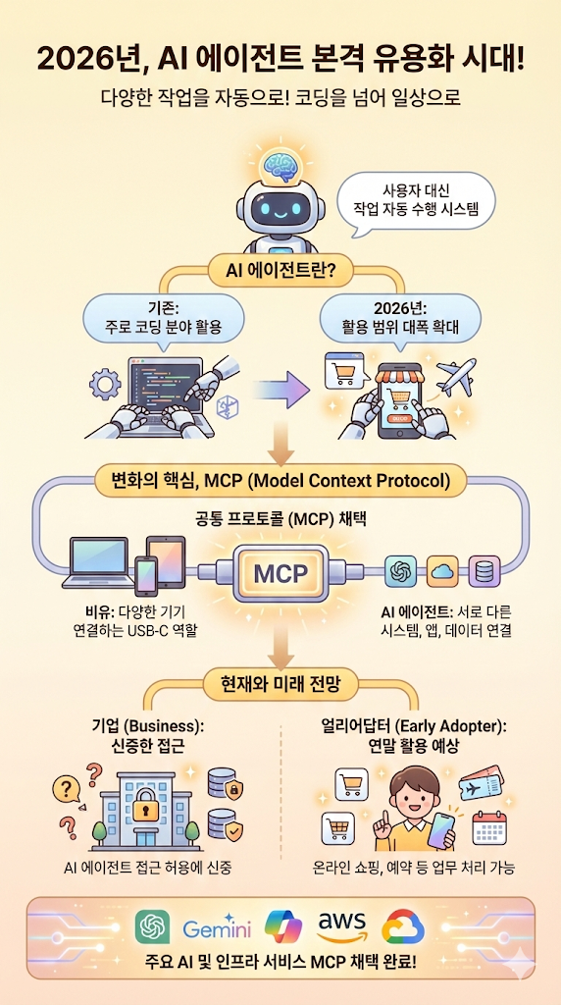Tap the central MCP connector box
point(280,573)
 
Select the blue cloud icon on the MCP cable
point(442,570)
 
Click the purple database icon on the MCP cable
point(484,570)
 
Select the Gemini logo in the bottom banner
point(217,926)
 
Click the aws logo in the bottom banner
point(341,925)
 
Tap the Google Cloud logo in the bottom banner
point(403,926)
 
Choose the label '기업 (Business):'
point(147,726)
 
